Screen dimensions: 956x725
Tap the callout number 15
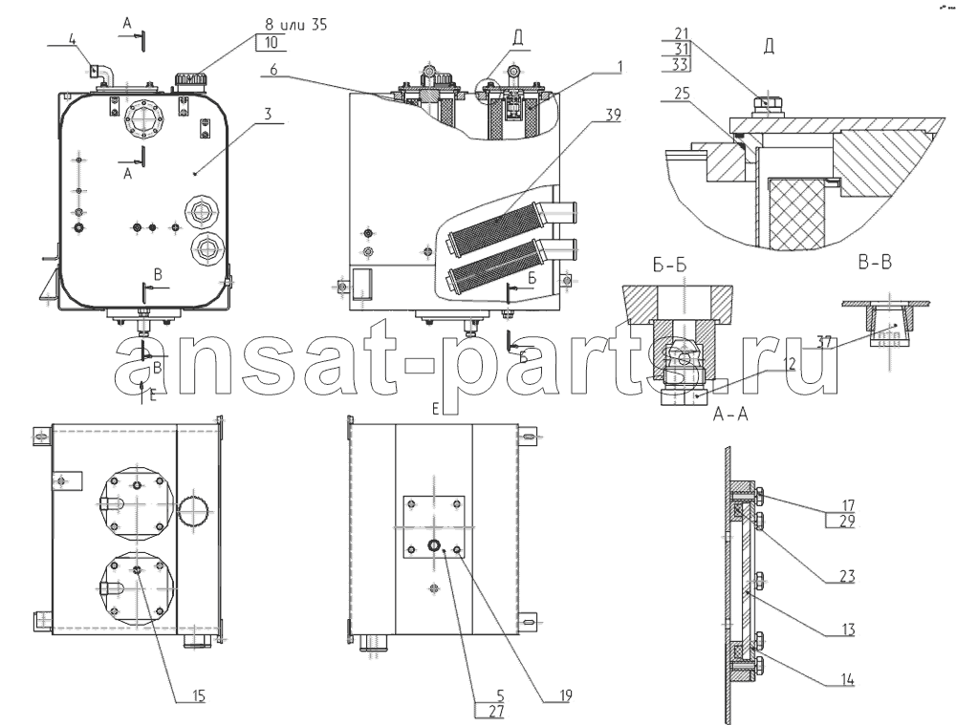(197, 696)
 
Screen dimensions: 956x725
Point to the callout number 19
(563, 695)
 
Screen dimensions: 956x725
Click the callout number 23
(846, 576)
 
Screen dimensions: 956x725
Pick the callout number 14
(846, 680)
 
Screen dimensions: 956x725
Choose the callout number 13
(846, 629)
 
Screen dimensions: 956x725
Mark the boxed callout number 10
(272, 42)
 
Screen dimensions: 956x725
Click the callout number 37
(825, 343)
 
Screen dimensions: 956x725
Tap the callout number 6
(273, 70)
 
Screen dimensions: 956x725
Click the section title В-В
(875, 263)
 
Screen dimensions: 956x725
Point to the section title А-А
(730, 415)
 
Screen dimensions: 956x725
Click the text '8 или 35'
(295, 25)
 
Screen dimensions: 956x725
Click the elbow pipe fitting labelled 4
(101, 75)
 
